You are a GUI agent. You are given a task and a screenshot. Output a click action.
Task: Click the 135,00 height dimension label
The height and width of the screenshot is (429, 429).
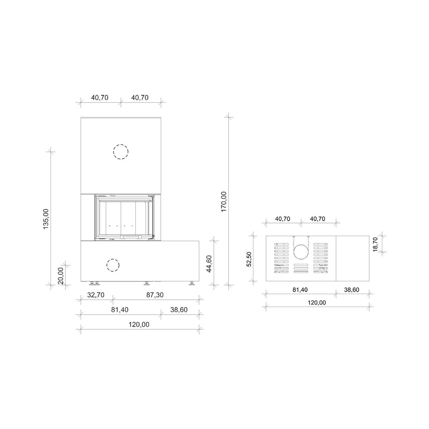[x=46, y=219]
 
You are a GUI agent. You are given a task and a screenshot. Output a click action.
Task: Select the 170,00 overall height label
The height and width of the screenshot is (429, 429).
[x=224, y=202]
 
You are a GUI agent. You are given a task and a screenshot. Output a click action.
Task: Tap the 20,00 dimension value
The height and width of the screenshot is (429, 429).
[x=61, y=275]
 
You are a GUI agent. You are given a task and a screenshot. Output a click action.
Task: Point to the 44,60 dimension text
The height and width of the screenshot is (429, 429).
[x=209, y=264]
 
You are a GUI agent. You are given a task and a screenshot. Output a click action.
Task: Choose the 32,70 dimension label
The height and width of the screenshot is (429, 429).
[x=96, y=295]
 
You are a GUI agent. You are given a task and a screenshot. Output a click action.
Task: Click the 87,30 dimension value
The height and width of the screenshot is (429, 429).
[x=155, y=295]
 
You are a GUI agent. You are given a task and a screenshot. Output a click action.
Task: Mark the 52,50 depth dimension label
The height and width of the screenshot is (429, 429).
[x=249, y=259]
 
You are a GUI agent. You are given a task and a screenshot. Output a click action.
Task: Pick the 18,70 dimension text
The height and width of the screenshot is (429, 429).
[x=375, y=244]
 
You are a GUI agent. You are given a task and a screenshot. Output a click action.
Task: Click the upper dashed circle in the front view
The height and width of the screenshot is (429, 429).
[x=121, y=151]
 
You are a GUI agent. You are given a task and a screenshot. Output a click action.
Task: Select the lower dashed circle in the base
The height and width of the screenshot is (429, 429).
[x=113, y=265]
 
